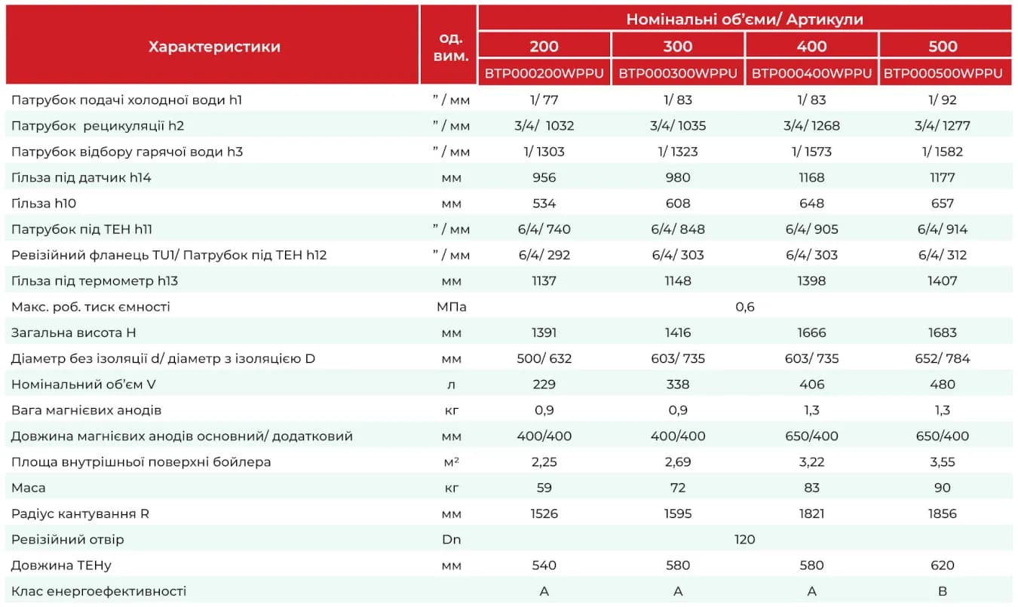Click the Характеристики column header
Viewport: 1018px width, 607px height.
(214, 46)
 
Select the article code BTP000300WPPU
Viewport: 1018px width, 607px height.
(678, 73)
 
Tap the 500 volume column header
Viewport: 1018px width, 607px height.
(943, 46)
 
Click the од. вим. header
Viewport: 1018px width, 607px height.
(451, 47)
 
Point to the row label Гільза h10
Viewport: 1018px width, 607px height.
(44, 203)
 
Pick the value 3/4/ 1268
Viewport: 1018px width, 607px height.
(811, 125)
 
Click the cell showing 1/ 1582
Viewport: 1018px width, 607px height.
(942, 152)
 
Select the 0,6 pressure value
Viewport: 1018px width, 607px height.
(744, 307)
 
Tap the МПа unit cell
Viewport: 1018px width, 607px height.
(451, 307)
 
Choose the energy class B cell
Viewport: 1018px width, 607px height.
(942, 591)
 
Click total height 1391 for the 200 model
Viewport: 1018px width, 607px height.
(544, 333)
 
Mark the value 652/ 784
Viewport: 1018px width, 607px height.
(942, 358)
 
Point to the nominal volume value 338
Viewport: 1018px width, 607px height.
(678, 385)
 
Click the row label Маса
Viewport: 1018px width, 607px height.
(28, 488)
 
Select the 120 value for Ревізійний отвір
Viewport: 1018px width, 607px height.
(744, 539)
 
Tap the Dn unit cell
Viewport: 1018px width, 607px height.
(451, 539)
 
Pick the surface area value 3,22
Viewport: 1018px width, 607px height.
(811, 462)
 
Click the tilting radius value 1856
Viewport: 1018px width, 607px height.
(942, 513)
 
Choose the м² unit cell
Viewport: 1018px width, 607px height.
(451, 462)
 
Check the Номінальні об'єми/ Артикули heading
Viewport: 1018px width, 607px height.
(744, 19)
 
